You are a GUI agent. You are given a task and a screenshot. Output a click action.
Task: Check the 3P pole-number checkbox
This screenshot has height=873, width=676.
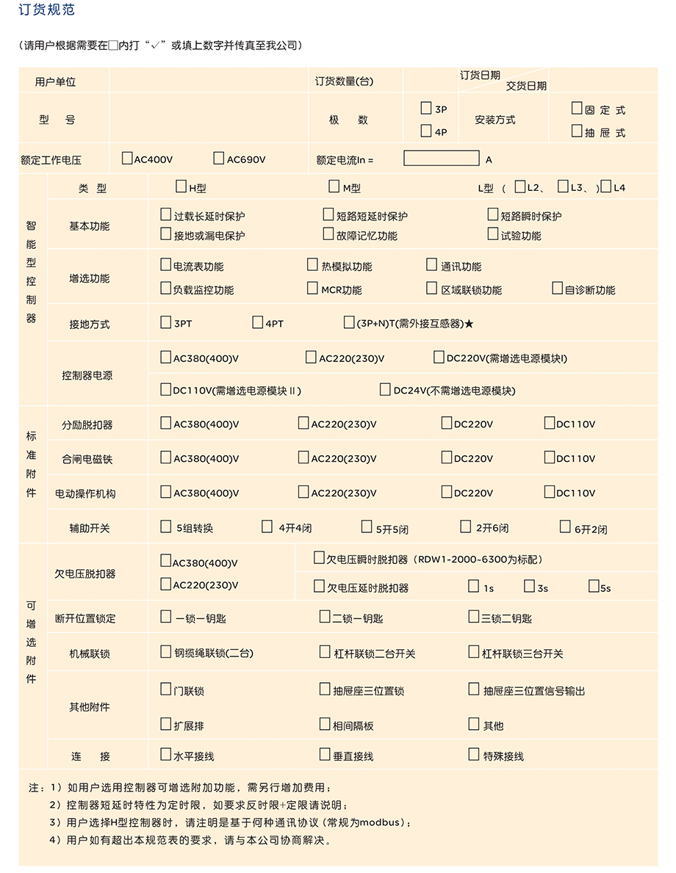[425, 109]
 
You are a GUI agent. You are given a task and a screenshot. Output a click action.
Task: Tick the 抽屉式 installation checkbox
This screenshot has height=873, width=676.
[577, 131]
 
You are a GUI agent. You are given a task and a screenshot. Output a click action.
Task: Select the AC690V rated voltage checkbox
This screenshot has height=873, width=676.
[218, 158]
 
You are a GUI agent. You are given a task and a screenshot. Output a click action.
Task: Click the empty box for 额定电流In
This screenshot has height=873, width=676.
[441, 158]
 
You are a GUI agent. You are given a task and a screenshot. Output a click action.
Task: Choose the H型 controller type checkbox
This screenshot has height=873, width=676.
[181, 186]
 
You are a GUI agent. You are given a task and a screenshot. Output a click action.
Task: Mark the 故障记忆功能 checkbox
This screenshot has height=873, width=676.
[328, 234]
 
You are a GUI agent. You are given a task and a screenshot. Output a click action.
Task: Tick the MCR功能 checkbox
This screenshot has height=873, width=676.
[312, 289]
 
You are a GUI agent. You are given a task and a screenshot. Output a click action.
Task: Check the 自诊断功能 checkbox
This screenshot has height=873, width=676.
[557, 289]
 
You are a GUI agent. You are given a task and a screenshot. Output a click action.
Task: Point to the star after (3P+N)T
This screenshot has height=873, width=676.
[469, 323]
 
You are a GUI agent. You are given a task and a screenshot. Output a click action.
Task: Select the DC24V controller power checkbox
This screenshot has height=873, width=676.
[385, 389]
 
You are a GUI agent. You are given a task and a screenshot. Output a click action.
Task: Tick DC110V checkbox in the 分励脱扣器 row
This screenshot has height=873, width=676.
[549, 423]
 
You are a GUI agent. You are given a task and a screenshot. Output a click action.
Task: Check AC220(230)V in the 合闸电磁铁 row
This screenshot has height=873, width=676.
[303, 457]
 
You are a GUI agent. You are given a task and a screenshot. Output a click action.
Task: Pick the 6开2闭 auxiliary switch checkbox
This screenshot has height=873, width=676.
[565, 526]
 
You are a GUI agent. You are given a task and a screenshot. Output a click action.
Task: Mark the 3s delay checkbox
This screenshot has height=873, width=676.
[529, 586]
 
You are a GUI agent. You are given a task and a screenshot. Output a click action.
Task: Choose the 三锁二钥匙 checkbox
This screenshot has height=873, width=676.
[474, 617]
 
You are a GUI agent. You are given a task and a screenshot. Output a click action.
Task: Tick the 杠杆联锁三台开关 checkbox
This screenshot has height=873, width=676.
[474, 652]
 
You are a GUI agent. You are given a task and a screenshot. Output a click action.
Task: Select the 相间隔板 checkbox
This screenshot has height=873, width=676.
[325, 724]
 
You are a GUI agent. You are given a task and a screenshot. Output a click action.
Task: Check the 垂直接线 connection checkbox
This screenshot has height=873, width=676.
[325, 754]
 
